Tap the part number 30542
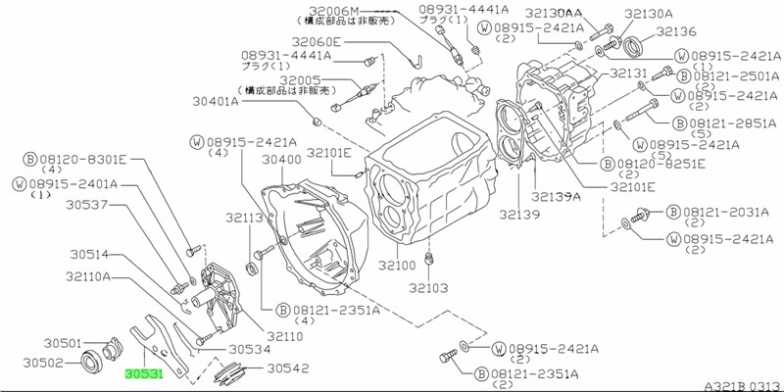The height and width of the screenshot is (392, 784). [287, 368]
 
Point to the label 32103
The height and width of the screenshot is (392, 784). [427, 288]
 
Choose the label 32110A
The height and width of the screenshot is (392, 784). [88, 277]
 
